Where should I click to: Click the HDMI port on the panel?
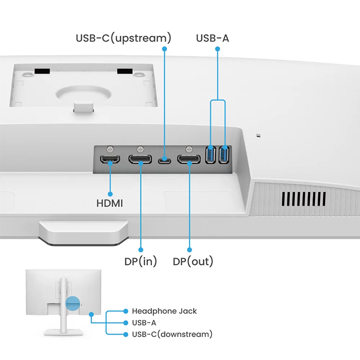pos(110,160)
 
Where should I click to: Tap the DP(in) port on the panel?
pos(140,160)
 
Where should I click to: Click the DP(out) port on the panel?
pos(189,160)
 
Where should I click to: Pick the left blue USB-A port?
pos(211,155)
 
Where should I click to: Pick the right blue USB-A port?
pos(224,155)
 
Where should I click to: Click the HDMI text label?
pos(110,201)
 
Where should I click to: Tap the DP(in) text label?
pos(141,261)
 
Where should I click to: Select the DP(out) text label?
pos(193,261)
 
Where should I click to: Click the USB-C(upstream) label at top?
pos(123,38)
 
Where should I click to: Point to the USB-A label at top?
pos(213,38)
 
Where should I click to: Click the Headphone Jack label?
pos(164,311)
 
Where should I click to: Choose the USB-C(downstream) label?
pos(172,334)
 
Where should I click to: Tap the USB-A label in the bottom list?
pos(144,323)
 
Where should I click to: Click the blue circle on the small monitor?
pos(73,303)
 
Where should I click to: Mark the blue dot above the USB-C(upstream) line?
pos(164,49)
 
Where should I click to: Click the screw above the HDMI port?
pos(110,147)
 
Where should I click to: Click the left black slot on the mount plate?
pos(41,71)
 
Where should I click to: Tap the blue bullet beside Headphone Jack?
pos(125,311)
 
